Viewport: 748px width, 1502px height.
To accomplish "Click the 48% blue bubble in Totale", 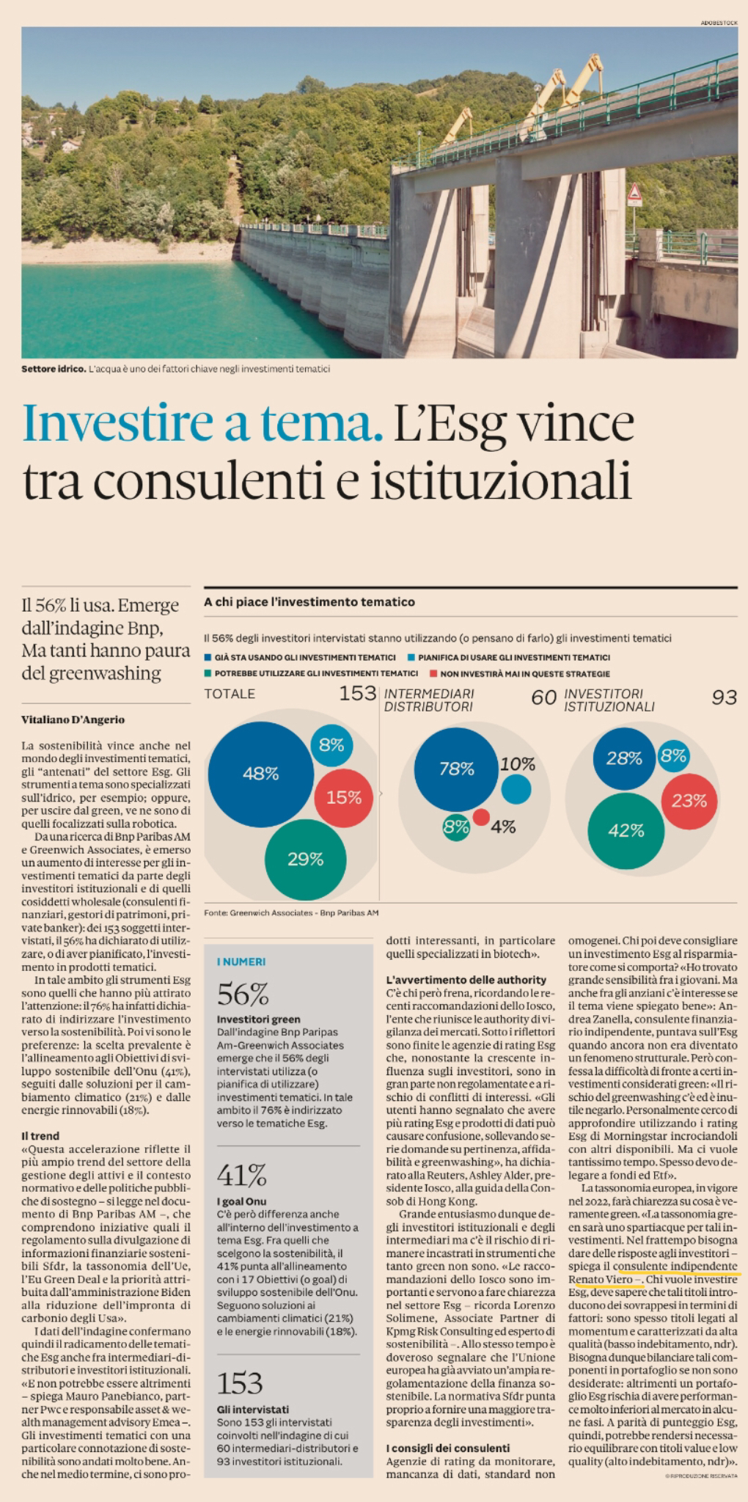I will (260, 774).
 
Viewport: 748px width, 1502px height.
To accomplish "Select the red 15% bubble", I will (343, 798).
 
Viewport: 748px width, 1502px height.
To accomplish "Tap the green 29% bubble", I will (305, 859).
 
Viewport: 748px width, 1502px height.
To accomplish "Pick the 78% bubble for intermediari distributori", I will (456, 769).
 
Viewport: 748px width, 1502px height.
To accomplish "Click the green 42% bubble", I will (626, 831).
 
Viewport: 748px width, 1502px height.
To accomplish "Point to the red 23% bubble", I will (689, 801).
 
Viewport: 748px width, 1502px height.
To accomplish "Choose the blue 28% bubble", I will (623, 758).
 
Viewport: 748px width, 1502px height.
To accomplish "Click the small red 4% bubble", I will (481, 817).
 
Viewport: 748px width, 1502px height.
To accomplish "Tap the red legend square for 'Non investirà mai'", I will (434, 673).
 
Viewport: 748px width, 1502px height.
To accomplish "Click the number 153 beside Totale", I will (357, 694).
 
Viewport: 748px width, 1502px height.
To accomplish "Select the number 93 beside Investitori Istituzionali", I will (724, 697).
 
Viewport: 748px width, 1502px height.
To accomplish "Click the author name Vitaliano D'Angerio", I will (73, 719).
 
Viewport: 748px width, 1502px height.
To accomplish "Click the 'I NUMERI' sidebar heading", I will (241, 961).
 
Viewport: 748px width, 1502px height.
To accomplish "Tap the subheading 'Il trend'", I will (40, 1136).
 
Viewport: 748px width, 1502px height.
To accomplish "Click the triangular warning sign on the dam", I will (634, 194).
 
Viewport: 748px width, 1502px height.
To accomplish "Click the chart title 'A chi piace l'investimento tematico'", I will (309, 602).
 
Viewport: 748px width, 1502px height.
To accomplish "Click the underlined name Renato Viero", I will (600, 1280).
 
